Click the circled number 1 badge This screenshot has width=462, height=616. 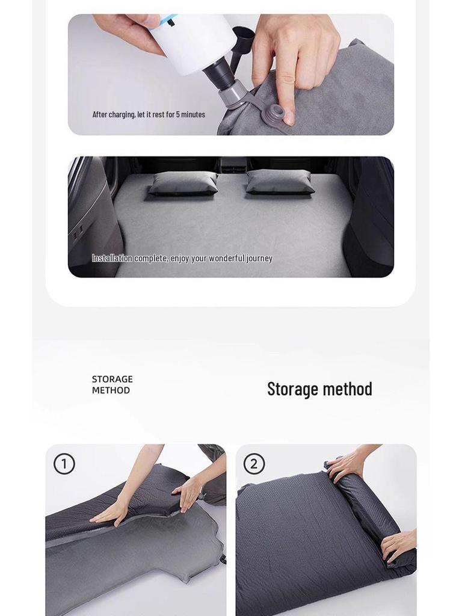(x=64, y=464)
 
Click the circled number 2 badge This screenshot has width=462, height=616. (x=254, y=464)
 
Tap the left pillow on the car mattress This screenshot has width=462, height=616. (x=183, y=182)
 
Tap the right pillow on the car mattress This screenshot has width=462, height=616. (x=279, y=181)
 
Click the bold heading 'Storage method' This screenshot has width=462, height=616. (x=319, y=389)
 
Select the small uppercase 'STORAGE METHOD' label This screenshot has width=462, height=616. (x=112, y=384)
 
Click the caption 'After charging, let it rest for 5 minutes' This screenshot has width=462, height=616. (x=149, y=114)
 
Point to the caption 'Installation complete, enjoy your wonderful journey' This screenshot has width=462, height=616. (x=182, y=258)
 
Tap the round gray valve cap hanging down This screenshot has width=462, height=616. (x=277, y=114)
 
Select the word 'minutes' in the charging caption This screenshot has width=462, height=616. (x=193, y=114)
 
